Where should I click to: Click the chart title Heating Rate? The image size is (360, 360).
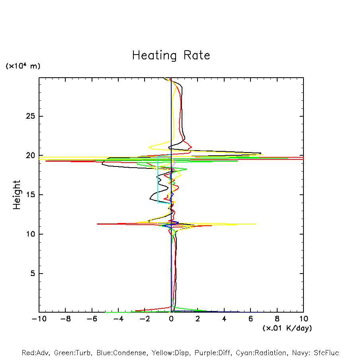(171, 55)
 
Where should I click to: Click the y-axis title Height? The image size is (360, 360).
(17, 195)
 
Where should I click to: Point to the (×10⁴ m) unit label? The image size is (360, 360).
(23, 66)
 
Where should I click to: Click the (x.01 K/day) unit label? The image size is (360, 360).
(287, 328)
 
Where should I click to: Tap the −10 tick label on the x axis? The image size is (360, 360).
(39, 319)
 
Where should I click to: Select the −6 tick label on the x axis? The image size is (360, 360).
(92, 319)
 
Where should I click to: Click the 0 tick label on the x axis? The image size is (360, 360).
(171, 319)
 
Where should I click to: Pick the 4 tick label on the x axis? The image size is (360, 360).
(224, 319)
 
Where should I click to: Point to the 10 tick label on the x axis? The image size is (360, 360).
(303, 319)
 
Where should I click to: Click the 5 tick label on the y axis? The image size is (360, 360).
(29, 274)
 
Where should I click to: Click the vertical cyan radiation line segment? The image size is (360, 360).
(158, 179)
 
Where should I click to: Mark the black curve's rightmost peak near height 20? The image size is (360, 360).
(260, 153)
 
